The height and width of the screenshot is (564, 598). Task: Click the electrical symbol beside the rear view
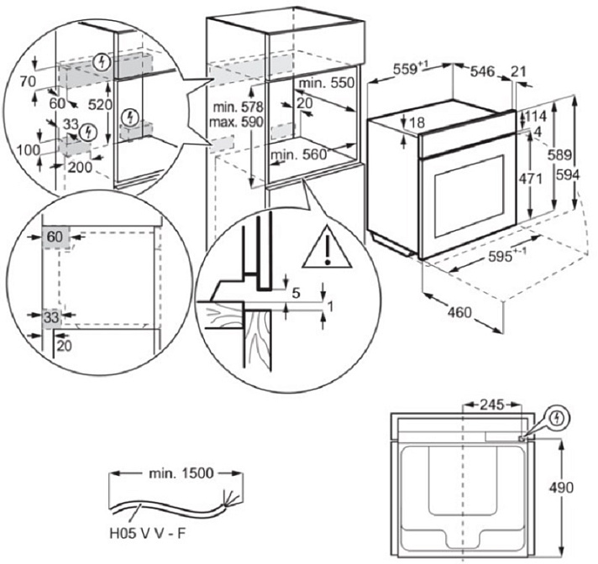point(560,417)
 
